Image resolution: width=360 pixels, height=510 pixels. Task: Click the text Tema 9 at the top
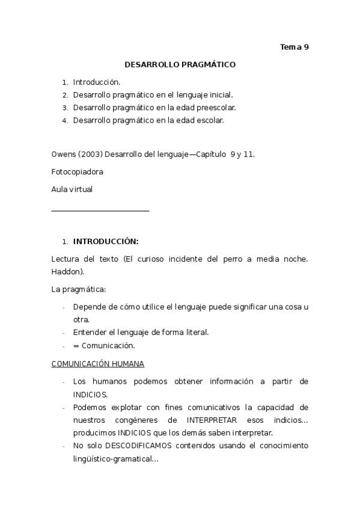294,48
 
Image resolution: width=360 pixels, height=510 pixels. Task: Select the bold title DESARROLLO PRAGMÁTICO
180,64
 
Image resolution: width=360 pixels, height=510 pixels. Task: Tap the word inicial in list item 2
219,94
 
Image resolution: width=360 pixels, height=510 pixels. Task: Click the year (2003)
90,154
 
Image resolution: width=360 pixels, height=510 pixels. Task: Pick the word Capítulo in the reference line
206,154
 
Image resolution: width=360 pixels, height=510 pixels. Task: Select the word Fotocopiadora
78,171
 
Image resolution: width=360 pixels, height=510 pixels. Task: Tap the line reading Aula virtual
72,189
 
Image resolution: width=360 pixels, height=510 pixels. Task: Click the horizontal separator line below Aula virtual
100,210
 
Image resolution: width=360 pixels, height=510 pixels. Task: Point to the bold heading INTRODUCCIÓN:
106,242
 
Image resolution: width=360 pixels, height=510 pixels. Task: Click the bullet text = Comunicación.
104,346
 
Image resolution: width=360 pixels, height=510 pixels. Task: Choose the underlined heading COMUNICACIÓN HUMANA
98,364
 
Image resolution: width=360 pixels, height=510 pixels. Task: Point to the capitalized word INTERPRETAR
211,420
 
